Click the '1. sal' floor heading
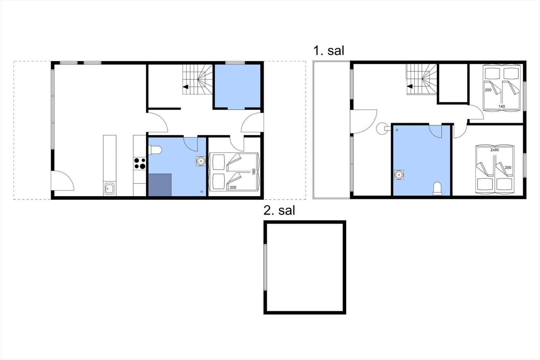click(329, 51)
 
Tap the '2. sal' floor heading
click(279, 210)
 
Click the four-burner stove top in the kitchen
click(140, 163)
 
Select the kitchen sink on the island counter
click(109, 188)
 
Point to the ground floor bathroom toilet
click(155, 150)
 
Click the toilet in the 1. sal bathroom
click(437, 188)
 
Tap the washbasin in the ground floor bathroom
click(201, 161)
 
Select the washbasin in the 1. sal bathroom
click(399, 175)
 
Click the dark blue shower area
click(160, 185)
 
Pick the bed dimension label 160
click(253, 172)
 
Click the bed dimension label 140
click(502, 106)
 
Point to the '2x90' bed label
click(494, 150)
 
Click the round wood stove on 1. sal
click(382, 128)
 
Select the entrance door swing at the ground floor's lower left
click(62, 181)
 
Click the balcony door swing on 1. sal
click(363, 122)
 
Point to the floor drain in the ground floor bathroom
click(202, 191)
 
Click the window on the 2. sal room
click(265, 267)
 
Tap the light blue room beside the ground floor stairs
click(238, 86)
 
